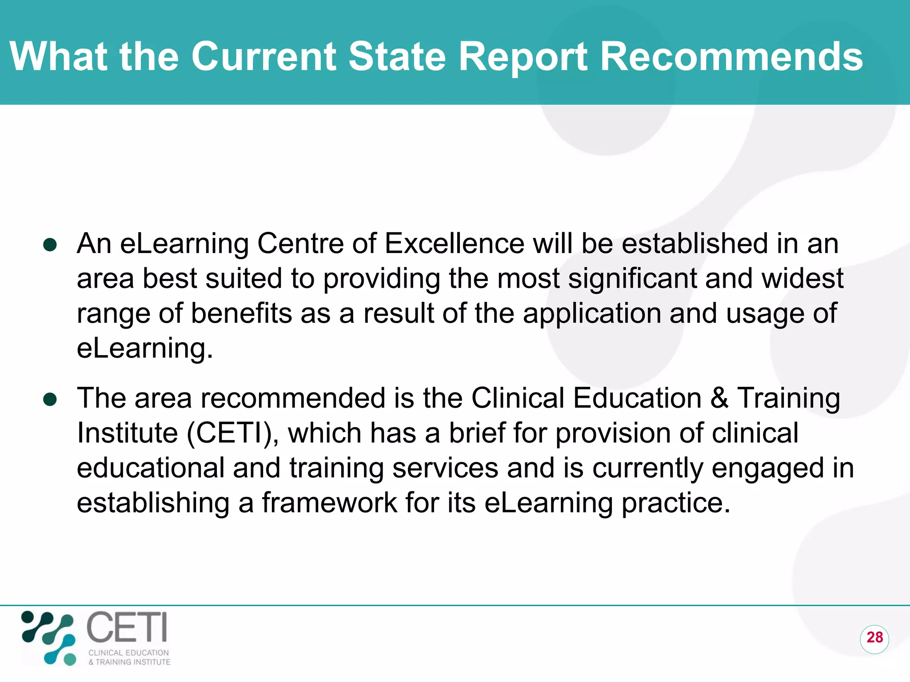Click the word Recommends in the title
tap(731, 56)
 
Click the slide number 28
tap(874, 637)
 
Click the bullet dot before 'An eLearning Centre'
tap(50, 245)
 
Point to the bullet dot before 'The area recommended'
tap(50, 399)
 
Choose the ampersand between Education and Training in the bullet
tap(719, 398)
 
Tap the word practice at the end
tap(675, 504)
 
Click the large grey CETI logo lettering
tap(127, 627)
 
